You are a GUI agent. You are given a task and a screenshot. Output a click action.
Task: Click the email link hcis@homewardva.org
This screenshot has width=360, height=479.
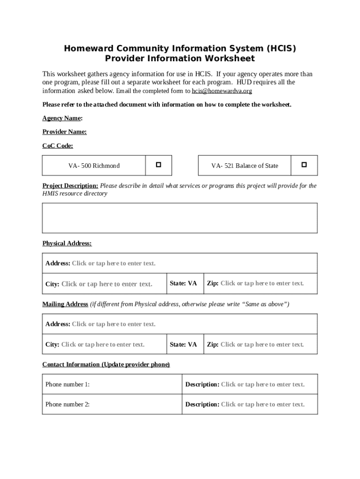click(222, 91)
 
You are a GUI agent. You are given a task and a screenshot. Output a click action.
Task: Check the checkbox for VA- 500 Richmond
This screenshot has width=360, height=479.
click(158, 165)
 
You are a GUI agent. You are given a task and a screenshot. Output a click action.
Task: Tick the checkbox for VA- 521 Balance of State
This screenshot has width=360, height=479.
click(304, 165)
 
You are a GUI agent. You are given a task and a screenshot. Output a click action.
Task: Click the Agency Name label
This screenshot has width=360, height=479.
click(62, 118)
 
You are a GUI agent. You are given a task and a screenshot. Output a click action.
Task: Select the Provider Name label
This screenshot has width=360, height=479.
click(65, 132)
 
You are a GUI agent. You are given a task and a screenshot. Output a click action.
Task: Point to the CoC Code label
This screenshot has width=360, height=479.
click(58, 146)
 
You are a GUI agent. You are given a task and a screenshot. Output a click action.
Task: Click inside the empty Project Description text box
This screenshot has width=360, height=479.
click(180, 218)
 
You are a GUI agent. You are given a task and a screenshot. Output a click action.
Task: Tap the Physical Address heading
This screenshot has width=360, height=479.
click(67, 244)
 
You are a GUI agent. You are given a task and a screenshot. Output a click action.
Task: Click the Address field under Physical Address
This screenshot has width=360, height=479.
click(113, 263)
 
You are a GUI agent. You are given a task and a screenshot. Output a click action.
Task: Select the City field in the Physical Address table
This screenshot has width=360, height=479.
click(107, 284)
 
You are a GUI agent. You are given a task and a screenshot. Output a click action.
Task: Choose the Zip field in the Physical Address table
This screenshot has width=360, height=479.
click(262, 283)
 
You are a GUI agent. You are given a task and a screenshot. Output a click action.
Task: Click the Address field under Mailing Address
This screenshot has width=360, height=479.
click(113, 324)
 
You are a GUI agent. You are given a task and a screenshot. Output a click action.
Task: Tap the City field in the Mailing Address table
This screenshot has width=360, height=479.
click(102, 345)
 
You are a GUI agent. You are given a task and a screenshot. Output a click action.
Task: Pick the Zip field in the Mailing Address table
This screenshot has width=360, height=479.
click(262, 345)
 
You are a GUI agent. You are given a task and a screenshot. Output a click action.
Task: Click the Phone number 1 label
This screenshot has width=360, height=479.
click(67, 385)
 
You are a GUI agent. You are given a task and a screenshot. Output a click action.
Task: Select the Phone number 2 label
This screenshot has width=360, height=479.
click(67, 405)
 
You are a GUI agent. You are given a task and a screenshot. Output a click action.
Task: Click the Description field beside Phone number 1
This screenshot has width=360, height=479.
click(262, 385)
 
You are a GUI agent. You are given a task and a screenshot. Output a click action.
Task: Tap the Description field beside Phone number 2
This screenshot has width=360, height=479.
click(262, 405)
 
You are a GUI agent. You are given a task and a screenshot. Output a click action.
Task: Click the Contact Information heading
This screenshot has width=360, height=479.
click(106, 364)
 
